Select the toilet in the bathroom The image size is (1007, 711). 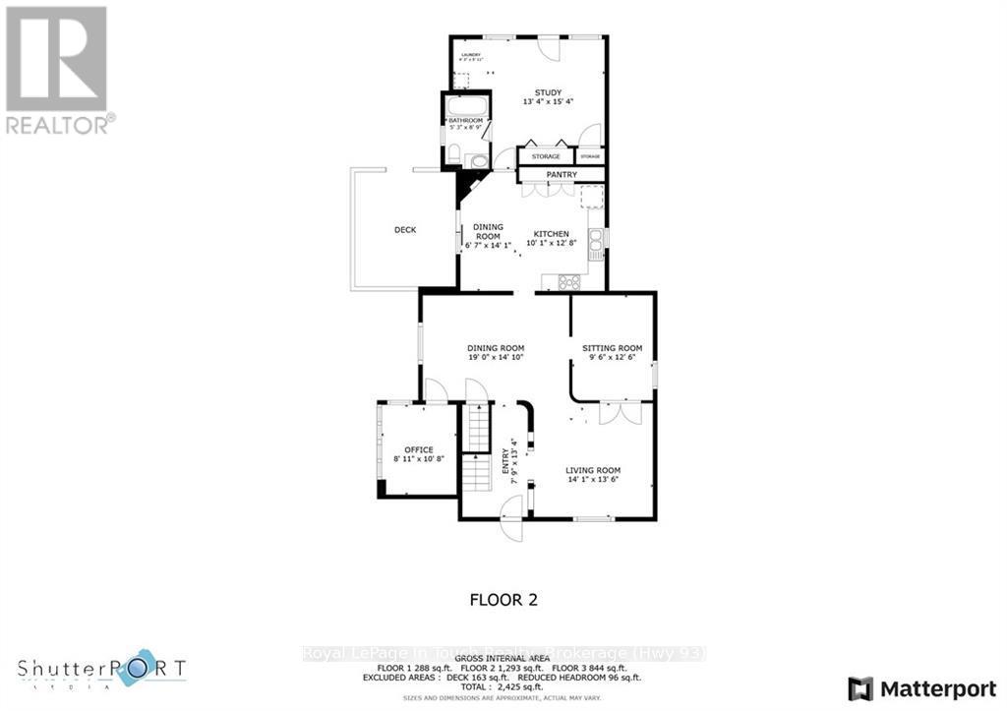point(453,152)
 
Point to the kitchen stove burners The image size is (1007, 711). point(569,282)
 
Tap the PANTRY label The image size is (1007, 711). point(562,175)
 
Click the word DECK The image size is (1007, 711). point(405,230)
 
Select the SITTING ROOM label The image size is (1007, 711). point(612,348)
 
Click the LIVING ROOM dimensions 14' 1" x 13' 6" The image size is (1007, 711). point(593,481)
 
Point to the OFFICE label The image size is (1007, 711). point(419,449)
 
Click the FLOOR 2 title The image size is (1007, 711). point(503,599)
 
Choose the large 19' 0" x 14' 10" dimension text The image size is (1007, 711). point(496,359)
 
